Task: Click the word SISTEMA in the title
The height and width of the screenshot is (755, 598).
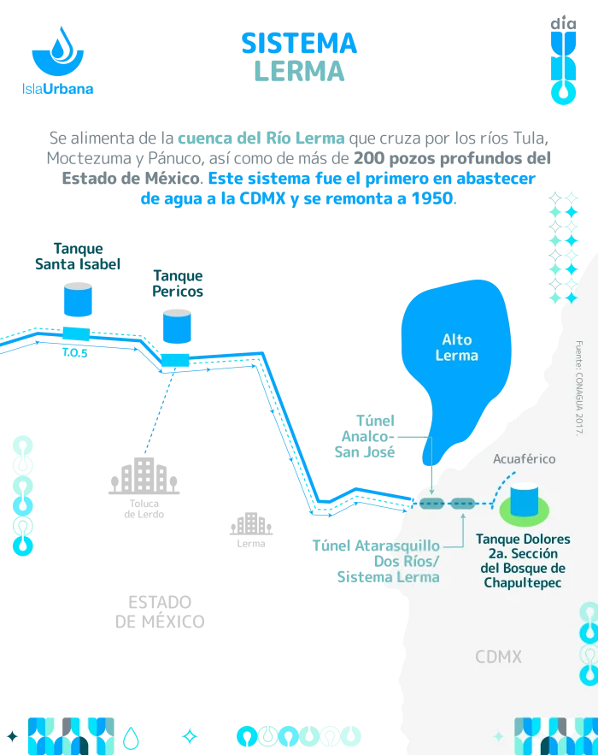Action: [x=298, y=43]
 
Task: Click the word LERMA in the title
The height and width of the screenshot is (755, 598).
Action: [x=298, y=69]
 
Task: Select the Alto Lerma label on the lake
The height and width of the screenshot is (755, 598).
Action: [x=456, y=347]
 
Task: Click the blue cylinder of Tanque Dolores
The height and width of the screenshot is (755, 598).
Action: [x=525, y=499]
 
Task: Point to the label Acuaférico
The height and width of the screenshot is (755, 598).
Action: [x=524, y=459]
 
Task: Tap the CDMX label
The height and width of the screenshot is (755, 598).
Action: [x=498, y=657]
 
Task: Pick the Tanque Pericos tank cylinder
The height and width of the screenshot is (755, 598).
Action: [x=176, y=325]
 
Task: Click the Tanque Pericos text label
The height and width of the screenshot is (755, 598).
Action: [x=177, y=283]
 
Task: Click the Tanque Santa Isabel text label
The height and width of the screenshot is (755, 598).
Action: [x=78, y=257]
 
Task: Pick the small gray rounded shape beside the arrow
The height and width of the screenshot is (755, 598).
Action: [x=249, y=525]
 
